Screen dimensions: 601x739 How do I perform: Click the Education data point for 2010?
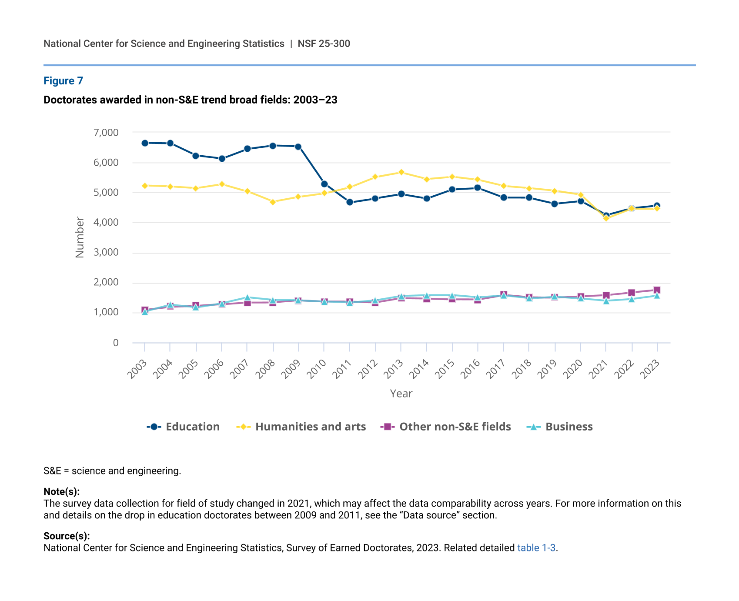(324, 184)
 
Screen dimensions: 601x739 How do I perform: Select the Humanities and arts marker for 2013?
(401, 172)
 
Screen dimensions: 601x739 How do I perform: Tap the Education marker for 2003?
(145, 143)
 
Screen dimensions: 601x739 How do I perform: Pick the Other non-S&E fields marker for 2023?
(657, 290)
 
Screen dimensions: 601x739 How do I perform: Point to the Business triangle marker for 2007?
(247, 298)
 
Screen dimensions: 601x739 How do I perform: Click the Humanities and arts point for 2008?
(273, 202)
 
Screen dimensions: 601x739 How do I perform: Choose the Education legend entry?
(183, 427)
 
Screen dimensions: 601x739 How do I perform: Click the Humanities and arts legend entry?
(301, 427)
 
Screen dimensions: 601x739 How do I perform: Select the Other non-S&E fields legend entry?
(445, 427)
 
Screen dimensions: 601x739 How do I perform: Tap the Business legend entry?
(560, 427)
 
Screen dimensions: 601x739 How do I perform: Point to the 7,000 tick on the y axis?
(106, 133)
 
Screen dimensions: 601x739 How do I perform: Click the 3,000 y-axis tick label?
(106, 253)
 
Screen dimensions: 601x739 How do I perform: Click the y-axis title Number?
(80, 237)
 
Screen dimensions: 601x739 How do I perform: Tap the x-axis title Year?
(401, 394)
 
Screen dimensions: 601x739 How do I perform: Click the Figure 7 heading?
(63, 81)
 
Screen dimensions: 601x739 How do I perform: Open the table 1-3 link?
(536, 548)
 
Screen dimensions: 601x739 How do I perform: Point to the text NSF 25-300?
(324, 43)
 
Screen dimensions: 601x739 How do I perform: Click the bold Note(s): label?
(61, 492)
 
